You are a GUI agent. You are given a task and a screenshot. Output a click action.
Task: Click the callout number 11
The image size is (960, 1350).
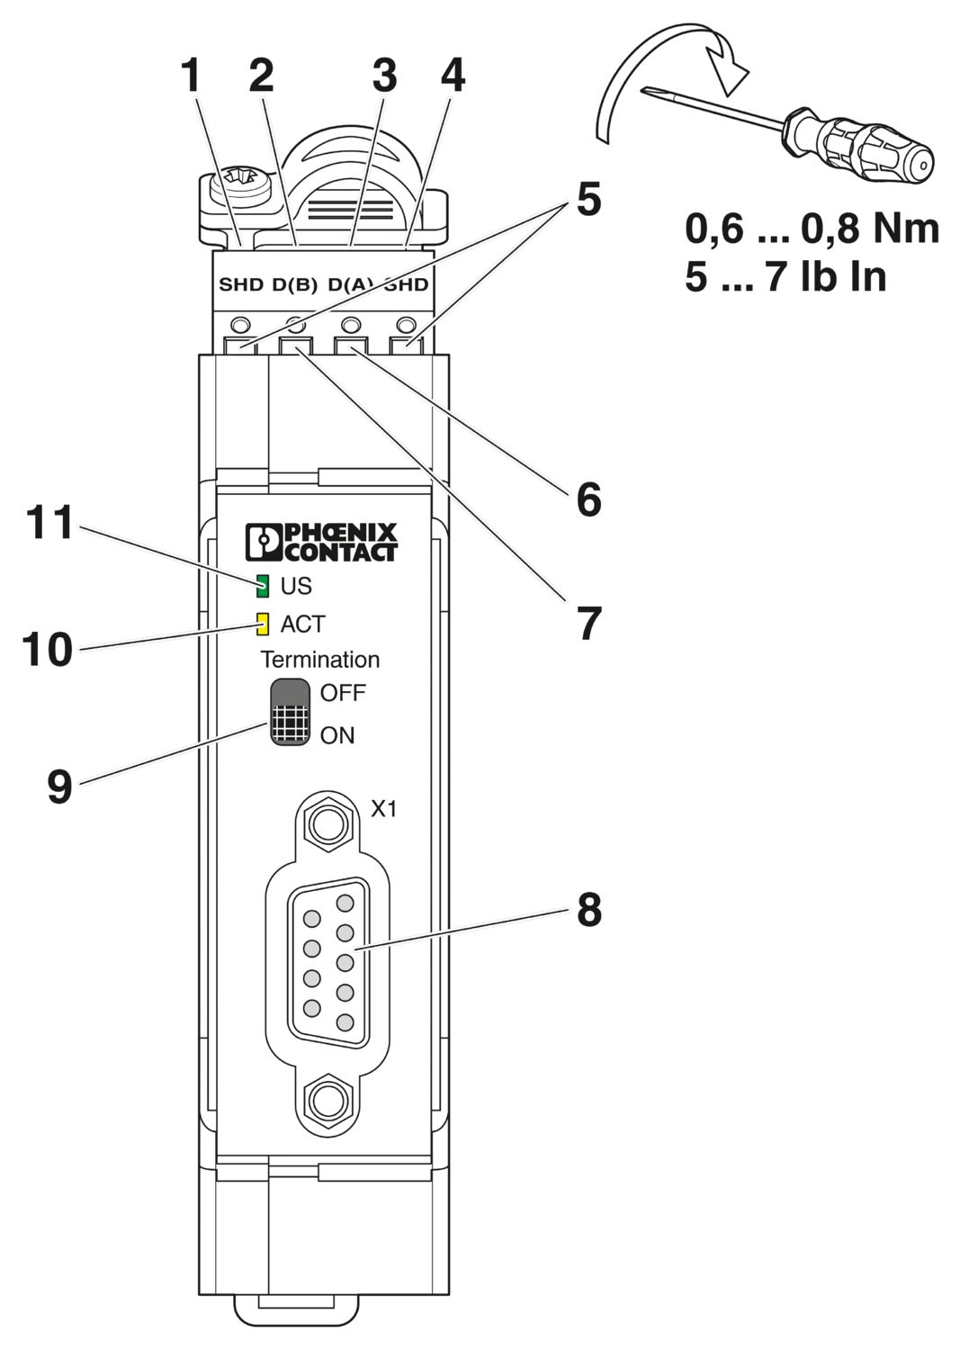49,523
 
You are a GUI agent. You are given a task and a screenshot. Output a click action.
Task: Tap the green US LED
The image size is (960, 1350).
263,586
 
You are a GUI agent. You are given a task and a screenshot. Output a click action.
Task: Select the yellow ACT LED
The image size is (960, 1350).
263,624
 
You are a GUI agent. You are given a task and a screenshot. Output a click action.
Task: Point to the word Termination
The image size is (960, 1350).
319,660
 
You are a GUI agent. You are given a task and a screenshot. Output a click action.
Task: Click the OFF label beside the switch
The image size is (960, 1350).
343,693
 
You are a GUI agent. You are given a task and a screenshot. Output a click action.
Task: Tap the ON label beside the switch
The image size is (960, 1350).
337,735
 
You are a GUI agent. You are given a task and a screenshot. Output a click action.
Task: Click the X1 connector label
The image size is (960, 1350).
384,808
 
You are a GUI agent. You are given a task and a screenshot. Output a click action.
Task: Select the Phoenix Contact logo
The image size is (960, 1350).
320,542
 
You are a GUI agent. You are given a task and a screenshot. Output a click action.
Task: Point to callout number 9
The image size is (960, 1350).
59,786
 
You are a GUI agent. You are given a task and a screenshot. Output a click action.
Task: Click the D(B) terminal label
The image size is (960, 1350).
294,285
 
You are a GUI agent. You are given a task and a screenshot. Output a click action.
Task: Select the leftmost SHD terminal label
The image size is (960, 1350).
240,285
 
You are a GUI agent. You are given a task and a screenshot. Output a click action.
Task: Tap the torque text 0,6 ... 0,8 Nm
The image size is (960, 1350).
812,229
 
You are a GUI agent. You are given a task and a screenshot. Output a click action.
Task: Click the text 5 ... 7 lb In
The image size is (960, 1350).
785,275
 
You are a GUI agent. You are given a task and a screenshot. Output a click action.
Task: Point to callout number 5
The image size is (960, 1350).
588,200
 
